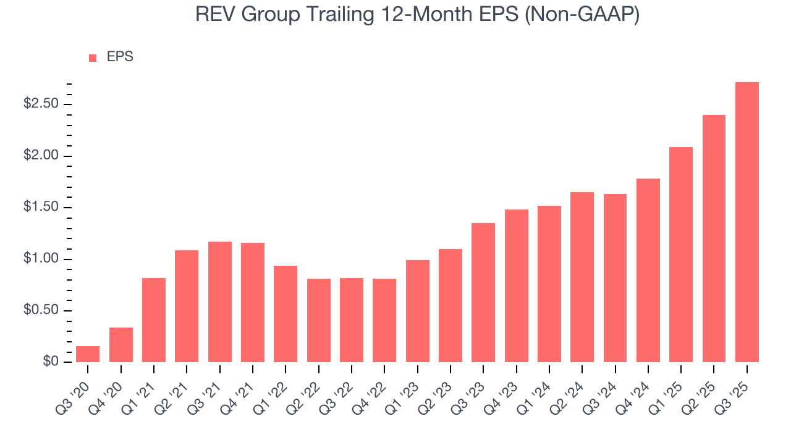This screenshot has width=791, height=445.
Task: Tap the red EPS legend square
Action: click(x=93, y=57)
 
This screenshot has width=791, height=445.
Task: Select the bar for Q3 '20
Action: click(x=88, y=354)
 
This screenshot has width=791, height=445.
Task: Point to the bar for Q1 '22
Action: click(x=286, y=314)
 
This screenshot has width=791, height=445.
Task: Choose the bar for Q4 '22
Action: click(x=384, y=320)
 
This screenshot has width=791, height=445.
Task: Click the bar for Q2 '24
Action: click(x=582, y=277)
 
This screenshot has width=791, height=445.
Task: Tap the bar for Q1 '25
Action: click(x=681, y=255)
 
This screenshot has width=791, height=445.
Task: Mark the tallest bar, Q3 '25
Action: click(x=747, y=222)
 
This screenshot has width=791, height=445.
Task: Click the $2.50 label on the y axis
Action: click(x=41, y=104)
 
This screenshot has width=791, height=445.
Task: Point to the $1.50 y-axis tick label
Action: click(x=41, y=207)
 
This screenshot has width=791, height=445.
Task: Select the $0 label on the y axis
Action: click(x=50, y=362)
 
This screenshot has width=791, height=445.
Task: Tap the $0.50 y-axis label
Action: click(x=41, y=310)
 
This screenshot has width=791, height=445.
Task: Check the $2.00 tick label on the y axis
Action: click(x=41, y=156)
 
